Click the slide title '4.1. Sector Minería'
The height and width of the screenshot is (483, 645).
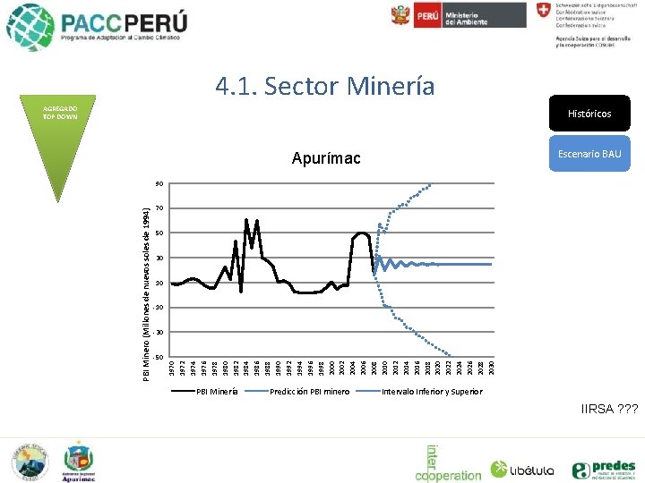click(x=324, y=87)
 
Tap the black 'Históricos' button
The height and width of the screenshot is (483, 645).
click(x=589, y=114)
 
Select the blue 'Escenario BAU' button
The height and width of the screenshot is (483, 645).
click(x=589, y=154)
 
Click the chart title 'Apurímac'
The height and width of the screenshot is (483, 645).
click(x=326, y=159)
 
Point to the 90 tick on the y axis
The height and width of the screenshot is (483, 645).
click(x=159, y=184)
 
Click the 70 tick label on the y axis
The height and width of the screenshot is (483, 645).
click(x=159, y=208)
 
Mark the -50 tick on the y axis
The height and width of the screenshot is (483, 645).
click(x=158, y=358)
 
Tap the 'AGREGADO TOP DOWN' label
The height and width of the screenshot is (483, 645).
click(x=61, y=113)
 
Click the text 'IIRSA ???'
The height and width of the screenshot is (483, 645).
click(x=609, y=410)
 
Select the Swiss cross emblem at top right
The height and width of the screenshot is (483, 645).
click(x=544, y=11)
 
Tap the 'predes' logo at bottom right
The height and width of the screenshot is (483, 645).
click(x=604, y=469)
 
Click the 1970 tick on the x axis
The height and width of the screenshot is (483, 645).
click(x=172, y=368)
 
